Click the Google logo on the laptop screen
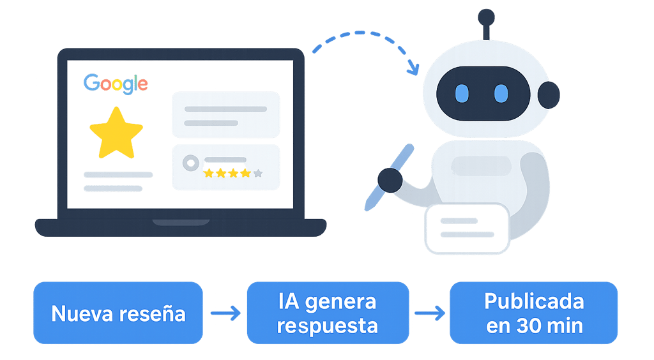pos(116,84)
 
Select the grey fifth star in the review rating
pos(257,173)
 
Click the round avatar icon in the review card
pos(190,163)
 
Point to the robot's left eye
pos(462,94)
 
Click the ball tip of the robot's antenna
pos(487,17)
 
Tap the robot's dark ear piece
pos(549,95)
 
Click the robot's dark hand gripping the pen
pos(390,180)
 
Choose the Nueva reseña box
pos(118,313)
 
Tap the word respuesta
pos(328,326)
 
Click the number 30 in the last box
pos(526,326)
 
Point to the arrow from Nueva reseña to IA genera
pos(225,313)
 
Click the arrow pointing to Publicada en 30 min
pos(429,313)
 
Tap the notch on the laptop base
pos(181,223)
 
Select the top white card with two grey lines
pos(225,116)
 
